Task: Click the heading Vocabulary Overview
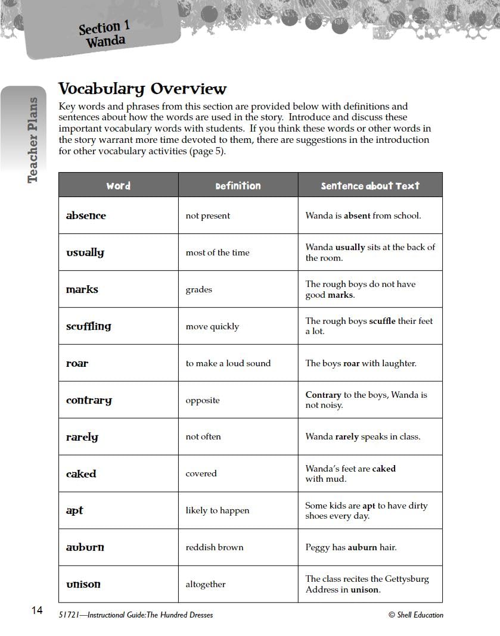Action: coord(142,89)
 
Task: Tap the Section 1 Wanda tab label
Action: coord(104,35)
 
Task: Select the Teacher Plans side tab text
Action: coord(33,140)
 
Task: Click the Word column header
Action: coord(118,186)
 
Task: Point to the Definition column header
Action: coord(238,186)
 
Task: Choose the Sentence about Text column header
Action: coord(370,186)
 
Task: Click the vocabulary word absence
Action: coord(86,216)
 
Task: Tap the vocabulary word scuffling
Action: coord(88,326)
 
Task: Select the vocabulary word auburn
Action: coord(85,547)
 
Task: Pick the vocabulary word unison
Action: coord(83,584)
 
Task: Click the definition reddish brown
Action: coord(215,547)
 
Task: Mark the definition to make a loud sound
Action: coord(228,363)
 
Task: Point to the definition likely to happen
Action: coord(218,510)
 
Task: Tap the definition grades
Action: coord(198,289)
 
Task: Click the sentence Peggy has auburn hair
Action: coord(350,547)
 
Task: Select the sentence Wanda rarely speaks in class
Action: coord(362,437)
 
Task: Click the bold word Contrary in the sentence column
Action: coord(323,395)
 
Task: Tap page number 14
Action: coord(37,610)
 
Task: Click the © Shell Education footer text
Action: coord(415,615)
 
